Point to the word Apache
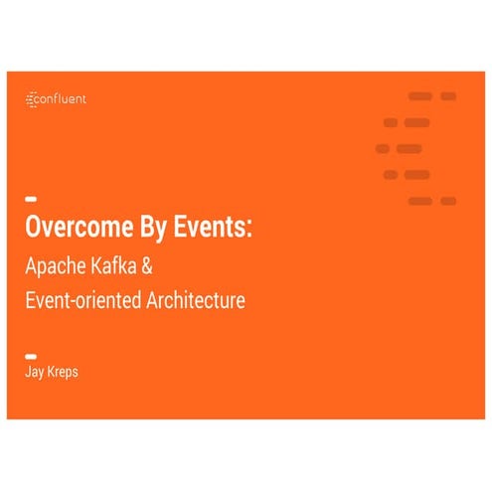55,265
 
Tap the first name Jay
34,374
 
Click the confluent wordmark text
63,99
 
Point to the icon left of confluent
30,99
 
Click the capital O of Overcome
33,226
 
